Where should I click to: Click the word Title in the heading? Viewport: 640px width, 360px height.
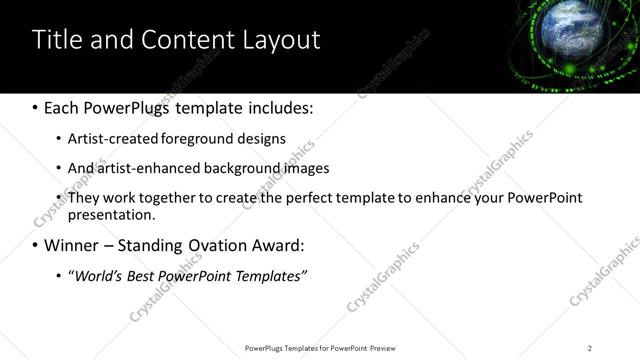55,40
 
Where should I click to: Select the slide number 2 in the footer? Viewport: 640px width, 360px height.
590,347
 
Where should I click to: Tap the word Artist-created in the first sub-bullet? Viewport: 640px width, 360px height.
107,138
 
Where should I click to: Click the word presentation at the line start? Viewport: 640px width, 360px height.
111,214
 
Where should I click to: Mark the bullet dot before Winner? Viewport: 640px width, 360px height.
36,245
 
